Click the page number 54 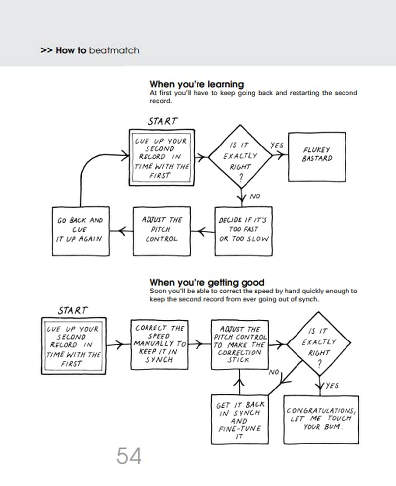coord(129,456)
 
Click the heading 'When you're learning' coord(197,84)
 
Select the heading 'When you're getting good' coord(207,283)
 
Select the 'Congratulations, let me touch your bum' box coord(321,419)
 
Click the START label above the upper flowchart coord(162,121)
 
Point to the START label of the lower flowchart coord(72,311)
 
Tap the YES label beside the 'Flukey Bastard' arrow coord(277,146)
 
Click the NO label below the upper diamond coord(254,196)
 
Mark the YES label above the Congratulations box coord(332,386)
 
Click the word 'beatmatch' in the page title coord(113,50)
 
